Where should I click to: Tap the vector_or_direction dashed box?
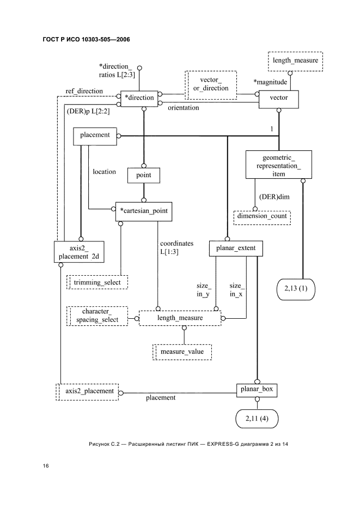pos(211,84)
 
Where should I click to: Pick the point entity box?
pos(144,175)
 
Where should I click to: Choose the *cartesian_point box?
pos(144,211)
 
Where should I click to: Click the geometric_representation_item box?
pos(278,164)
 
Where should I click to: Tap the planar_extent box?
pos(236,248)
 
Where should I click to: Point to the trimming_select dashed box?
pos(97,282)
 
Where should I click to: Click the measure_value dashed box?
pos(182,352)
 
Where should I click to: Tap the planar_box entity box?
pos(257,390)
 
